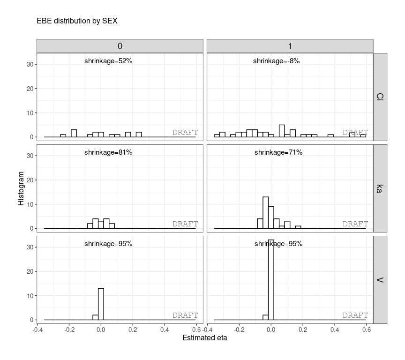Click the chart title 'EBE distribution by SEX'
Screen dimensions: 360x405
point(77,21)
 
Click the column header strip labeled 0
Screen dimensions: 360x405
point(120,46)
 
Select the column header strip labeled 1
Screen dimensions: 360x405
point(290,46)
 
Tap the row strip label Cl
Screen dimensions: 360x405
point(380,97)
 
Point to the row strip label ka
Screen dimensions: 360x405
point(380,188)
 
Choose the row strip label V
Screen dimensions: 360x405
point(380,280)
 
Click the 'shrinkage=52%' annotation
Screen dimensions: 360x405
point(108,61)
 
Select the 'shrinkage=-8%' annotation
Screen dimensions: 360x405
point(276,61)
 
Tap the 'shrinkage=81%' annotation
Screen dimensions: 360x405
point(108,152)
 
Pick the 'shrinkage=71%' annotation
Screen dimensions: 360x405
point(278,152)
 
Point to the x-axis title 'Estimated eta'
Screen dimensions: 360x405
point(204,338)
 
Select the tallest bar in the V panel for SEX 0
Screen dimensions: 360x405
point(101,304)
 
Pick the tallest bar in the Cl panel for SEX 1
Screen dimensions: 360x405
point(282,131)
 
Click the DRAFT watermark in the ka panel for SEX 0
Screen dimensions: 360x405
point(185,224)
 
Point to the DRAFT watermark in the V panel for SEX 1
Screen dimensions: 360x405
point(355,315)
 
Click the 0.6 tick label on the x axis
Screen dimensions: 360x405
point(367,330)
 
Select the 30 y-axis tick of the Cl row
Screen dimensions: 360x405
point(29,64)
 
